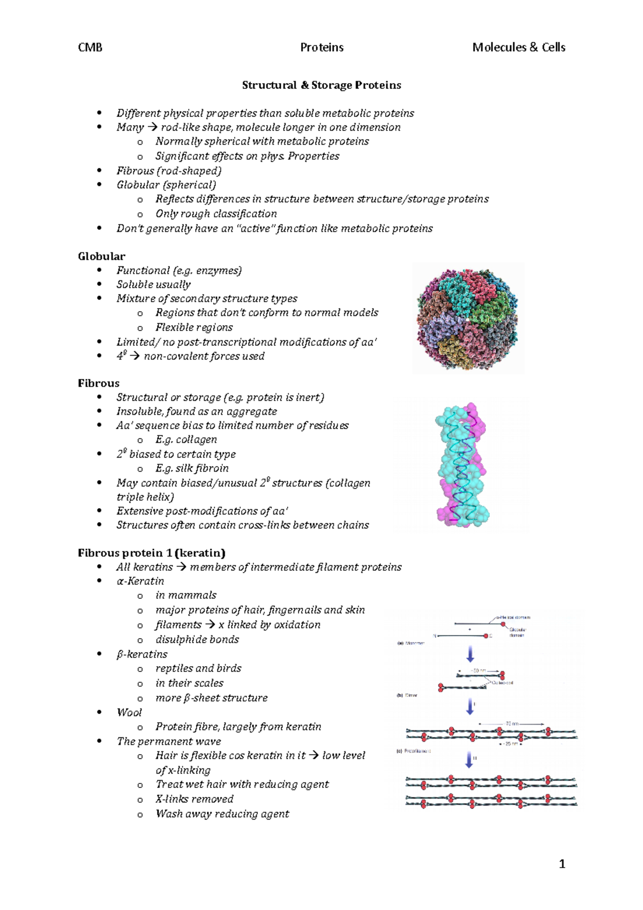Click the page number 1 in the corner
(x=562, y=863)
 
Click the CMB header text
(x=90, y=47)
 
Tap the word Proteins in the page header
(x=322, y=47)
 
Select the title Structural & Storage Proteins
(x=322, y=85)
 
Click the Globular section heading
(x=101, y=256)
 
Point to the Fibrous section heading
(x=99, y=383)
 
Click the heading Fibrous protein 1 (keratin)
(x=152, y=553)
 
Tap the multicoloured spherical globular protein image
(x=467, y=319)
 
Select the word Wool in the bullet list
(x=129, y=712)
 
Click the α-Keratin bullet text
(x=140, y=581)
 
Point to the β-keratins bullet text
(x=142, y=654)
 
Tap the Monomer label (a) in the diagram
(x=412, y=643)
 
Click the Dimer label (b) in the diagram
(x=408, y=695)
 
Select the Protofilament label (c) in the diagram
(x=414, y=751)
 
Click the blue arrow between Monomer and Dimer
(x=470, y=654)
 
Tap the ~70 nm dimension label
(x=512, y=723)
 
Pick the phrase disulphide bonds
(x=197, y=639)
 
